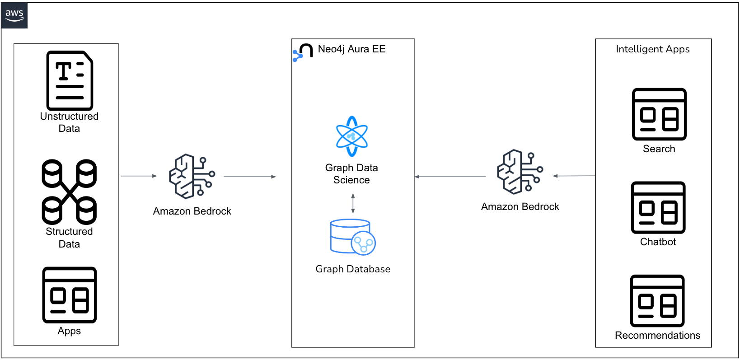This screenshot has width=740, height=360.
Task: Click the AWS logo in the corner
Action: tap(14, 15)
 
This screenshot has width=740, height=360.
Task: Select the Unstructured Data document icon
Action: tap(70, 80)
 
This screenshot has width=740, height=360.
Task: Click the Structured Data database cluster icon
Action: tap(69, 192)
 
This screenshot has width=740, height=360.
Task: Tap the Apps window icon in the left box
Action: tap(70, 295)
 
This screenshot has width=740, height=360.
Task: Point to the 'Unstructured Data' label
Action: tap(69, 122)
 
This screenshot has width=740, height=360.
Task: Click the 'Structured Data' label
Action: tap(69, 238)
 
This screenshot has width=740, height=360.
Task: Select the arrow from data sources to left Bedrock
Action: tap(139, 176)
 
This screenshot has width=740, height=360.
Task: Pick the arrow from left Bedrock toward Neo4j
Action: tap(249, 177)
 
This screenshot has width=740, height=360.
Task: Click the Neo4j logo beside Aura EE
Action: tap(303, 52)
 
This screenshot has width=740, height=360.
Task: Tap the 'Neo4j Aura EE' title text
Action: tap(351, 49)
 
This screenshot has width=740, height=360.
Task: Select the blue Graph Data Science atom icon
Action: tap(352, 136)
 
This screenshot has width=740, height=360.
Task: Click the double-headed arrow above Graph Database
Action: tap(353, 203)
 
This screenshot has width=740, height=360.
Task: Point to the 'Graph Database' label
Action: tap(353, 269)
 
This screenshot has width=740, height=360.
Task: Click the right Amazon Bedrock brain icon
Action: tap(520, 172)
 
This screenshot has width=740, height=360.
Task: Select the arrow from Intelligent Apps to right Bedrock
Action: tap(574, 176)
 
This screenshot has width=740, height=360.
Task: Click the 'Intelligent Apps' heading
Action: tap(652, 49)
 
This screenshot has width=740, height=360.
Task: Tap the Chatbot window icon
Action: tap(658, 208)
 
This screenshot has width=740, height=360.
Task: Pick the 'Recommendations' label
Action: tap(657, 335)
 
